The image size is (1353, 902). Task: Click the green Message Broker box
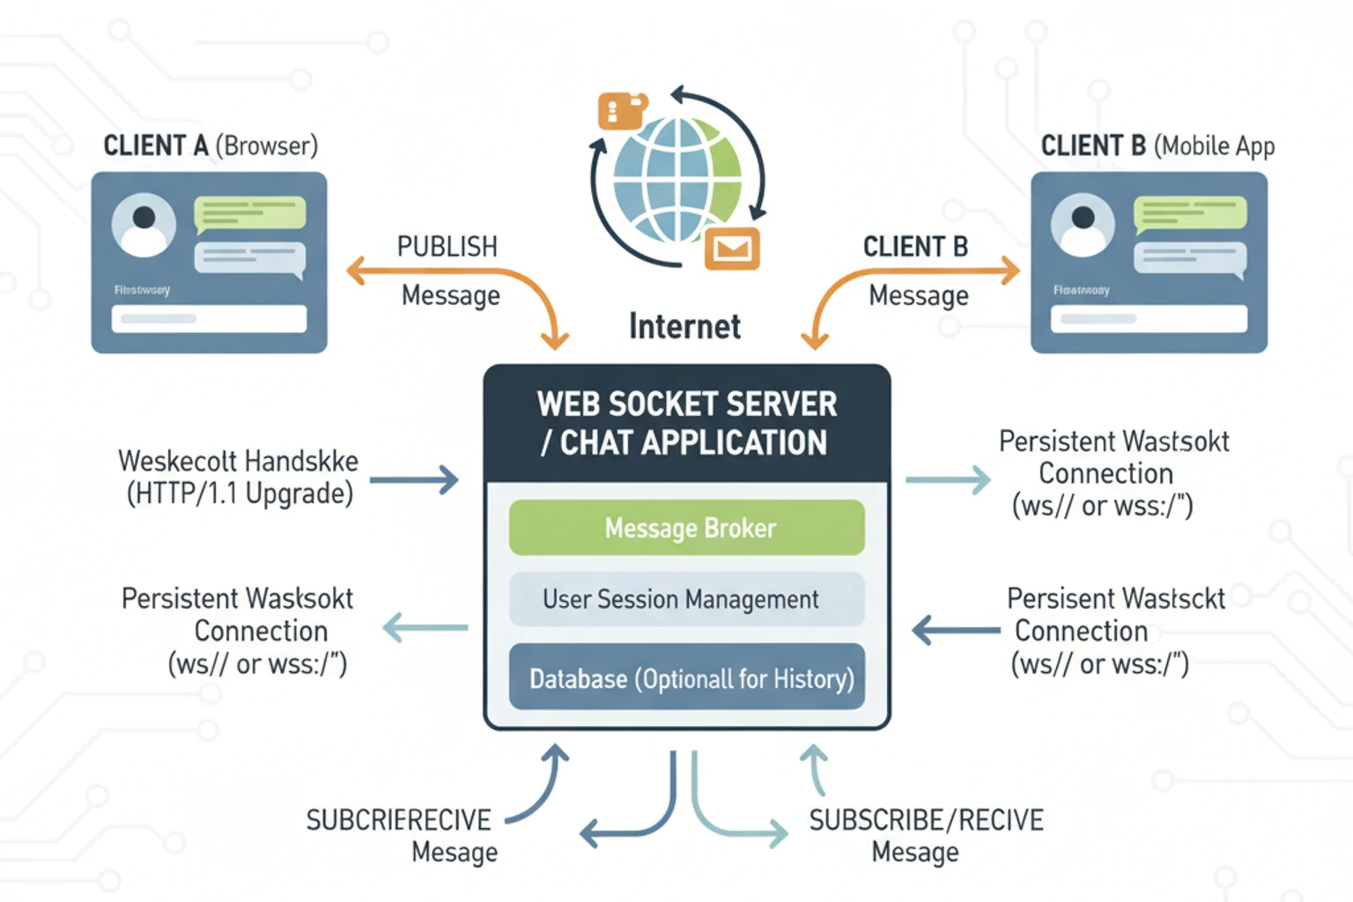coord(686,528)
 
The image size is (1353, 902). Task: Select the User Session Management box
coord(686,599)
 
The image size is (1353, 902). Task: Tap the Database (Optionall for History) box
coord(686,678)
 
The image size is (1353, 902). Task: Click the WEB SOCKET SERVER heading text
coord(687,404)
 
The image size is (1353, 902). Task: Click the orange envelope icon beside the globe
coord(731,249)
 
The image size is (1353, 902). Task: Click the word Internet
coord(684,326)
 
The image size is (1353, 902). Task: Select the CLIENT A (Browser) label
coord(211,145)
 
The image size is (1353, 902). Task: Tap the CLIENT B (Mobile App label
coord(1157,145)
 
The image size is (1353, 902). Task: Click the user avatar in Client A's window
coord(144,225)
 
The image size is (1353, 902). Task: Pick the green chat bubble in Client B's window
coord(1190,213)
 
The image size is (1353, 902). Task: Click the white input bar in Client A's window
coord(209,318)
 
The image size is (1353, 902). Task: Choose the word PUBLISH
coord(447,247)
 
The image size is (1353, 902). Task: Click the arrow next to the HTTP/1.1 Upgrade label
coord(414,480)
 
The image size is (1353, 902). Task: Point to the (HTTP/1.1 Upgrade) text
coord(240,494)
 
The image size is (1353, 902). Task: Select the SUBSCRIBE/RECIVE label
coord(926,820)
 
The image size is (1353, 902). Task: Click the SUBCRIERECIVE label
coord(398,820)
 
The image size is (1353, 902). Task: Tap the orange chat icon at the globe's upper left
coord(622,111)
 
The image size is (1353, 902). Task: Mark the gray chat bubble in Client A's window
coord(250,258)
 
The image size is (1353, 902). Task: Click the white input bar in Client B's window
coord(1149,318)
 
